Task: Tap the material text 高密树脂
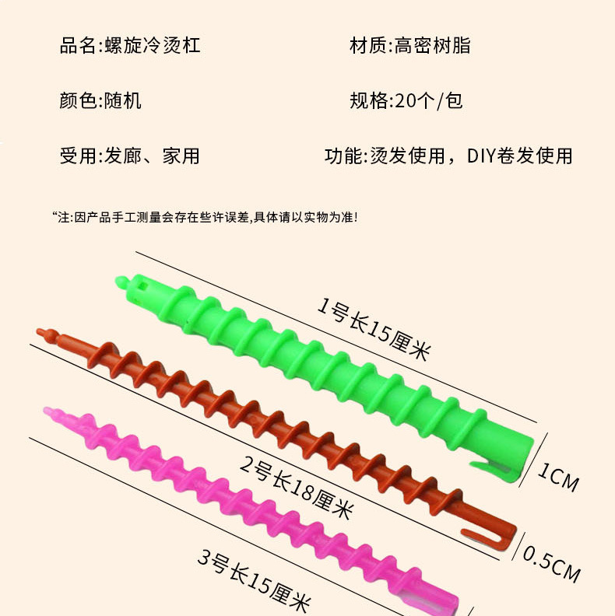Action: point(433,46)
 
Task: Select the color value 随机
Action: point(123,100)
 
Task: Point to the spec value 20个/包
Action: point(429,100)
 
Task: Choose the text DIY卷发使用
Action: point(519,156)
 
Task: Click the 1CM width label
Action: point(559,476)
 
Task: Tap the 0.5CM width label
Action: point(551,562)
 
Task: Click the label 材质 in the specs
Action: point(368,46)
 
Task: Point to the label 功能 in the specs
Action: point(343,156)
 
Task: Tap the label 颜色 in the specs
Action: point(78,100)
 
